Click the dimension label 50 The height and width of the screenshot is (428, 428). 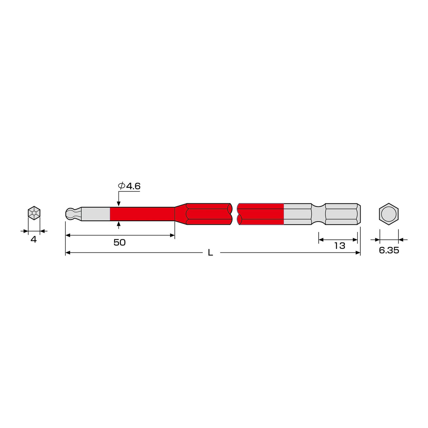pyautogui.click(x=120, y=243)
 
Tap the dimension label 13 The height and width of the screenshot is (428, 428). pyautogui.click(x=340, y=246)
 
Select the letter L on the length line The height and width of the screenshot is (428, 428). pyautogui.click(x=210, y=253)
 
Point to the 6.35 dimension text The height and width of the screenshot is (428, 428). pyautogui.click(x=389, y=250)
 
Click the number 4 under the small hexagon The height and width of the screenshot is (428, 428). pyautogui.click(x=34, y=239)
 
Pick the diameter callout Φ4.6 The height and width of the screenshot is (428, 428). pyautogui.click(x=129, y=186)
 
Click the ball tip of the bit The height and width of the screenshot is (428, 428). pyautogui.click(x=70, y=214)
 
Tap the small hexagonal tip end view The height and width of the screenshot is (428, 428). pyautogui.click(x=34, y=213)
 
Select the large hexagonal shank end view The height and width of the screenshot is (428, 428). pyautogui.click(x=389, y=214)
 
